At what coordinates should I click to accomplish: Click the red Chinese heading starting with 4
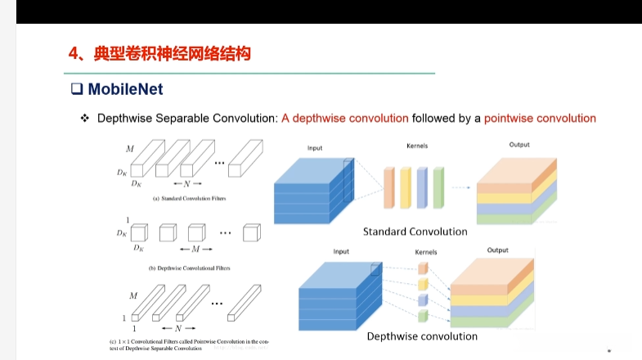tap(159, 54)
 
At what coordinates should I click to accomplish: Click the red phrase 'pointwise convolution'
tap(540, 118)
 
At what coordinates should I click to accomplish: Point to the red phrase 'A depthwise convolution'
tap(344, 118)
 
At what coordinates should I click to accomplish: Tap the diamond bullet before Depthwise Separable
tap(84, 119)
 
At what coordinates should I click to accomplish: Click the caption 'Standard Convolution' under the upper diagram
tap(415, 232)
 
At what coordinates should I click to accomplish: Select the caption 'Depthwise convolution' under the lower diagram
tap(422, 336)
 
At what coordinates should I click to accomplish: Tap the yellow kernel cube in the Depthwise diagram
tap(423, 284)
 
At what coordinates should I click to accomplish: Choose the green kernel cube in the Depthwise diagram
tap(423, 315)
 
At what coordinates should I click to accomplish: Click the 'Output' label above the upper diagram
tap(519, 145)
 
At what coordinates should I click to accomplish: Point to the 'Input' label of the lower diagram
tap(341, 251)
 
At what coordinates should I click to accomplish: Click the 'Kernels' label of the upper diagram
tap(417, 146)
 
